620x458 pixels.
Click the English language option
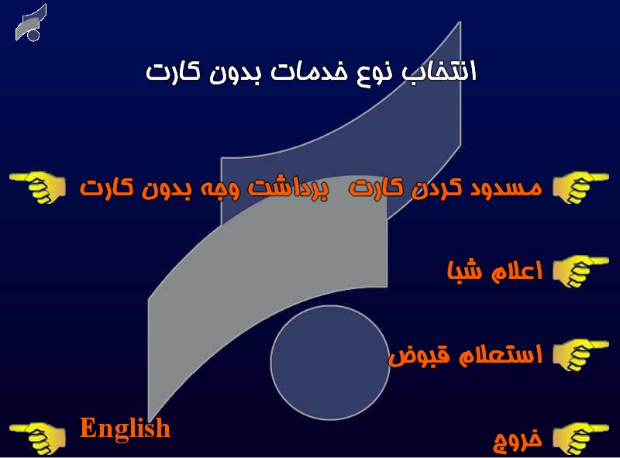click(x=125, y=428)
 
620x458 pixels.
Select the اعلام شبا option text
click(x=494, y=271)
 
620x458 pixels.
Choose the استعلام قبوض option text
click(x=464, y=355)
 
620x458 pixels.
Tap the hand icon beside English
click(x=37, y=437)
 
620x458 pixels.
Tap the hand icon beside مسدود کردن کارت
click(x=581, y=188)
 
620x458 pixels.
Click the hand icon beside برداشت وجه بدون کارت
click(x=37, y=188)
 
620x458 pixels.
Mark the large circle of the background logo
click(x=329, y=363)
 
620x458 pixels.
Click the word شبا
click(x=466, y=271)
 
